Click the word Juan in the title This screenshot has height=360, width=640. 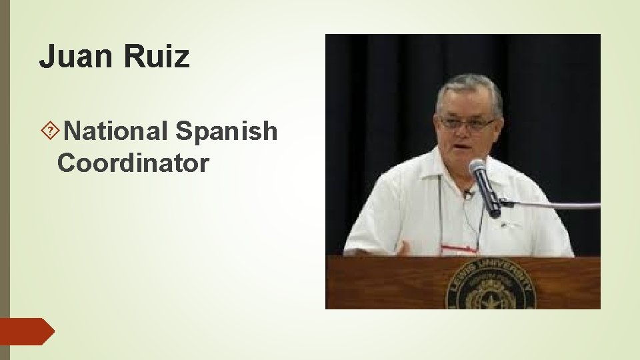(75, 57)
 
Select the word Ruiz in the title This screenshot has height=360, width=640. (157, 57)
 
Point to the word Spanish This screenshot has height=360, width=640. (226, 131)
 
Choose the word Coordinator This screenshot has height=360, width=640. (133, 162)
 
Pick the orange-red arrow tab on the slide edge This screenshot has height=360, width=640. (27, 331)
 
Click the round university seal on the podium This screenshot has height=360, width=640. (491, 287)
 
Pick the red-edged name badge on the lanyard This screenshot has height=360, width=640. (459, 250)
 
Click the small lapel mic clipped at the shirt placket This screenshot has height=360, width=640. (469, 194)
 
